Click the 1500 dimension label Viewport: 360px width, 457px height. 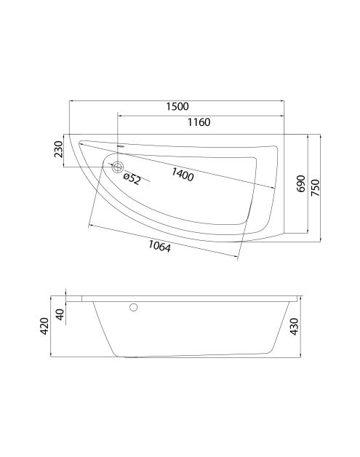177,106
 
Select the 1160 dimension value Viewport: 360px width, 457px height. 199,122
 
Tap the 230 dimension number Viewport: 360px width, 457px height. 58,149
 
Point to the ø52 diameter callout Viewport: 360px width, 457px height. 132,179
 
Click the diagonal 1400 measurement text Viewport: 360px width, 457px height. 183,175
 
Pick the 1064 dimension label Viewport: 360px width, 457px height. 159,246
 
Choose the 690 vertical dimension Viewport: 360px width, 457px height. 301,184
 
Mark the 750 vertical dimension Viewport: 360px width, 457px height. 315,188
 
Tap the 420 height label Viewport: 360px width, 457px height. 44,326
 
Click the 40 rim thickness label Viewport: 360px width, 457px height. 60,315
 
